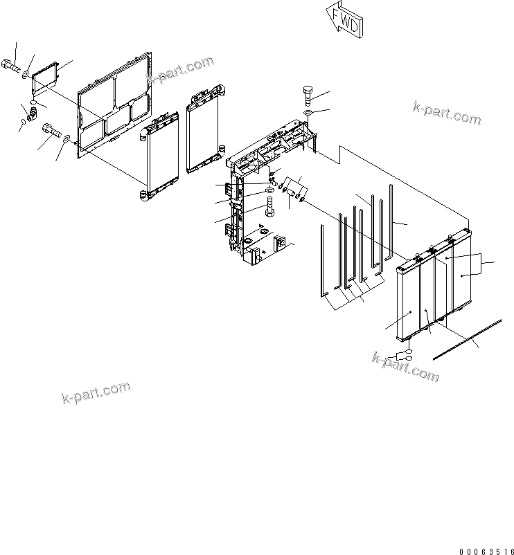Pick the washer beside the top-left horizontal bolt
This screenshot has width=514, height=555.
point(26,73)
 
